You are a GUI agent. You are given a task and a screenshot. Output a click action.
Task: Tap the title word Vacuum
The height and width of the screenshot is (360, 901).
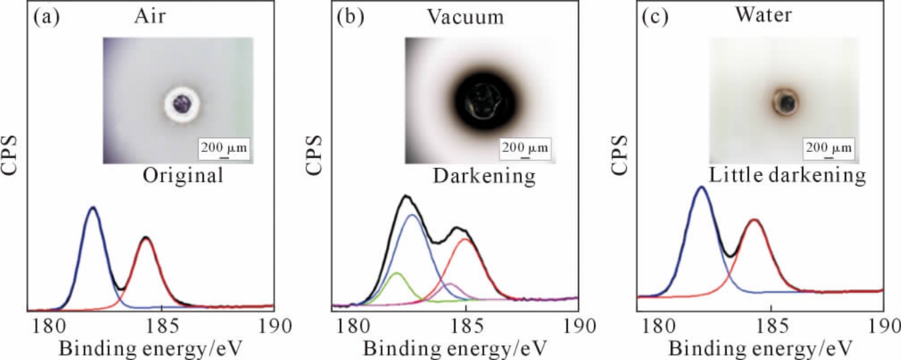466,17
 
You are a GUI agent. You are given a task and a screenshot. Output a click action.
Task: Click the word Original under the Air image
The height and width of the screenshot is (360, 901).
182,177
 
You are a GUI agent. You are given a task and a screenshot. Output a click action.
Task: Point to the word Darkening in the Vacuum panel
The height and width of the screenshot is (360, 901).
484,177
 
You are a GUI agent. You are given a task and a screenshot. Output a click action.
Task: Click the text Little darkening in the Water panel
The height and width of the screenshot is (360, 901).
787,177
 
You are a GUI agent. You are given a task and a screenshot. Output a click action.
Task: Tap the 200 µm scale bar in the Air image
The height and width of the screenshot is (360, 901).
223,148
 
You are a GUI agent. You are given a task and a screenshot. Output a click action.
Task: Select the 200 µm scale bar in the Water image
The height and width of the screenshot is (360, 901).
829,148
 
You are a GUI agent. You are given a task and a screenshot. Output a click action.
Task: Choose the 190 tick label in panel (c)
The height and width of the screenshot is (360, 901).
884,327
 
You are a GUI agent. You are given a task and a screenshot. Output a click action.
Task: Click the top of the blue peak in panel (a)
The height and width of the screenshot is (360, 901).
92,208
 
